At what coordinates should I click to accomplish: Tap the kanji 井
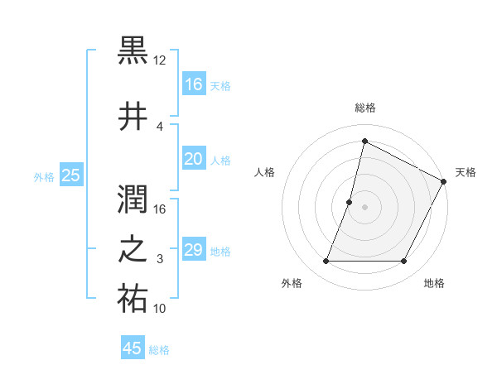pos(133,115)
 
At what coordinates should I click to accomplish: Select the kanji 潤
pos(133,197)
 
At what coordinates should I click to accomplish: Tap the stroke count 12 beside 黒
pos(160,60)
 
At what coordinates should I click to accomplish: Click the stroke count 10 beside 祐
pos(160,309)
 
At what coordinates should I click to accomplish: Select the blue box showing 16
pos(193,84)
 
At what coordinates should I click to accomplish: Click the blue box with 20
pos(193,160)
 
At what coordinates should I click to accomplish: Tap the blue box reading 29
pos(193,251)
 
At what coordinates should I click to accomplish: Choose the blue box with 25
pos(71,175)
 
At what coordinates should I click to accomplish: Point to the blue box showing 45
pos(133,348)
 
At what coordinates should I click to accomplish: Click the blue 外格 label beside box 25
pos(44,176)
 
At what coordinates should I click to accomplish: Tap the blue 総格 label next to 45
pos(159,350)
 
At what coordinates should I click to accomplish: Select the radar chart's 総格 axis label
pos(364,108)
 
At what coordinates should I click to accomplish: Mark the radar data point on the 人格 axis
pos(350,202)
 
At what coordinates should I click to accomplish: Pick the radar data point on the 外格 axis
pos(326,262)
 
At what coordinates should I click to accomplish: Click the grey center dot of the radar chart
pos(364,207)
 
